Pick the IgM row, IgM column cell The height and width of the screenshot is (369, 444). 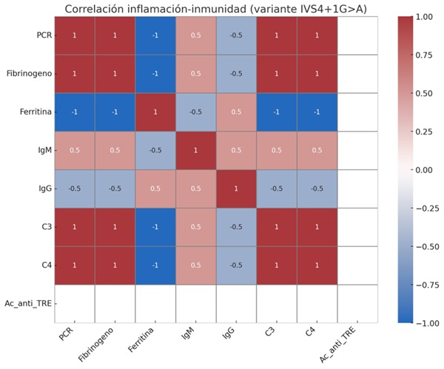pyautogui.click(x=195, y=150)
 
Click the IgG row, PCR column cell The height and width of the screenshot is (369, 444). pyautogui.click(x=73, y=189)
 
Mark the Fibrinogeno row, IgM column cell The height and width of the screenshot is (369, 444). pyautogui.click(x=195, y=73)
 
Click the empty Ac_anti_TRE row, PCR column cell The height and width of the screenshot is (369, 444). pyautogui.click(x=73, y=304)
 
